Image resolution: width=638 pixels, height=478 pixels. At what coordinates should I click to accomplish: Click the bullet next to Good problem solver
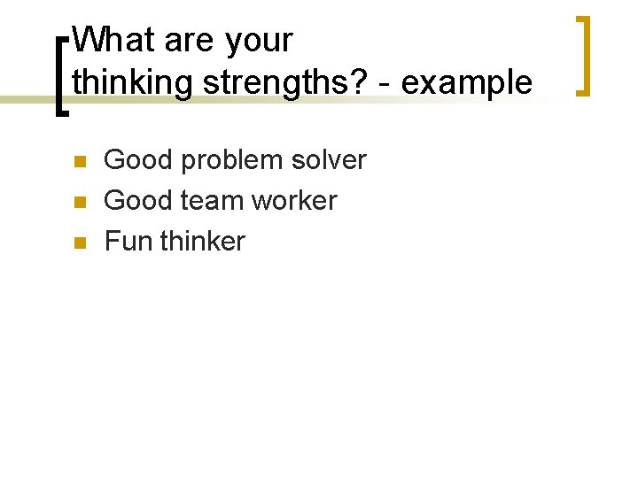coord(78,161)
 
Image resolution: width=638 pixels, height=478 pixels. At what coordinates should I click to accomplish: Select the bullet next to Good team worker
coord(78,202)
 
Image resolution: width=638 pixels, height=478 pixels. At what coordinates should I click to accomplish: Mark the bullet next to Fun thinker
coord(78,243)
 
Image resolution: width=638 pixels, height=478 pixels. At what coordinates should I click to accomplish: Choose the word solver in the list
coord(331,160)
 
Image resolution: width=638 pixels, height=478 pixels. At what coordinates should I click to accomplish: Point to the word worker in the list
coord(294,201)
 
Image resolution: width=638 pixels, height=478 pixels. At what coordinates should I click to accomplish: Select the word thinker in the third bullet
coord(203,242)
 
